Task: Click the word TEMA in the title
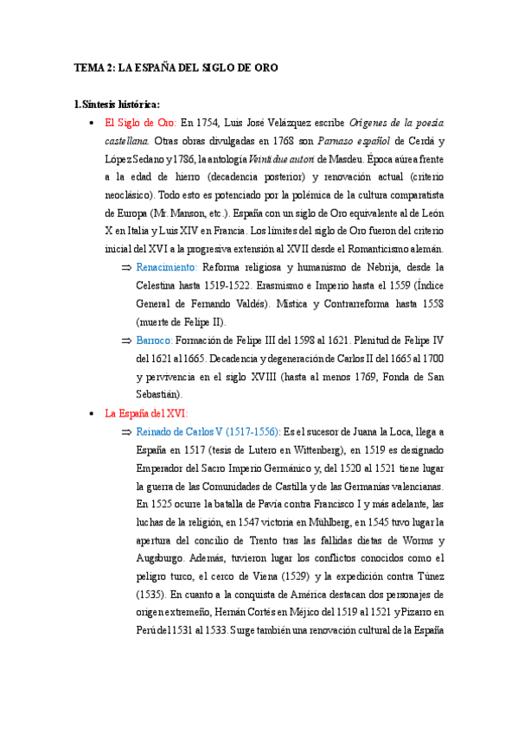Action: pyautogui.click(x=87, y=67)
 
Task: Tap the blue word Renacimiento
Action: pyautogui.click(x=167, y=268)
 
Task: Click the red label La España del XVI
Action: pyautogui.click(x=146, y=413)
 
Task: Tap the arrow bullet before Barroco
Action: pyautogui.click(x=126, y=341)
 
